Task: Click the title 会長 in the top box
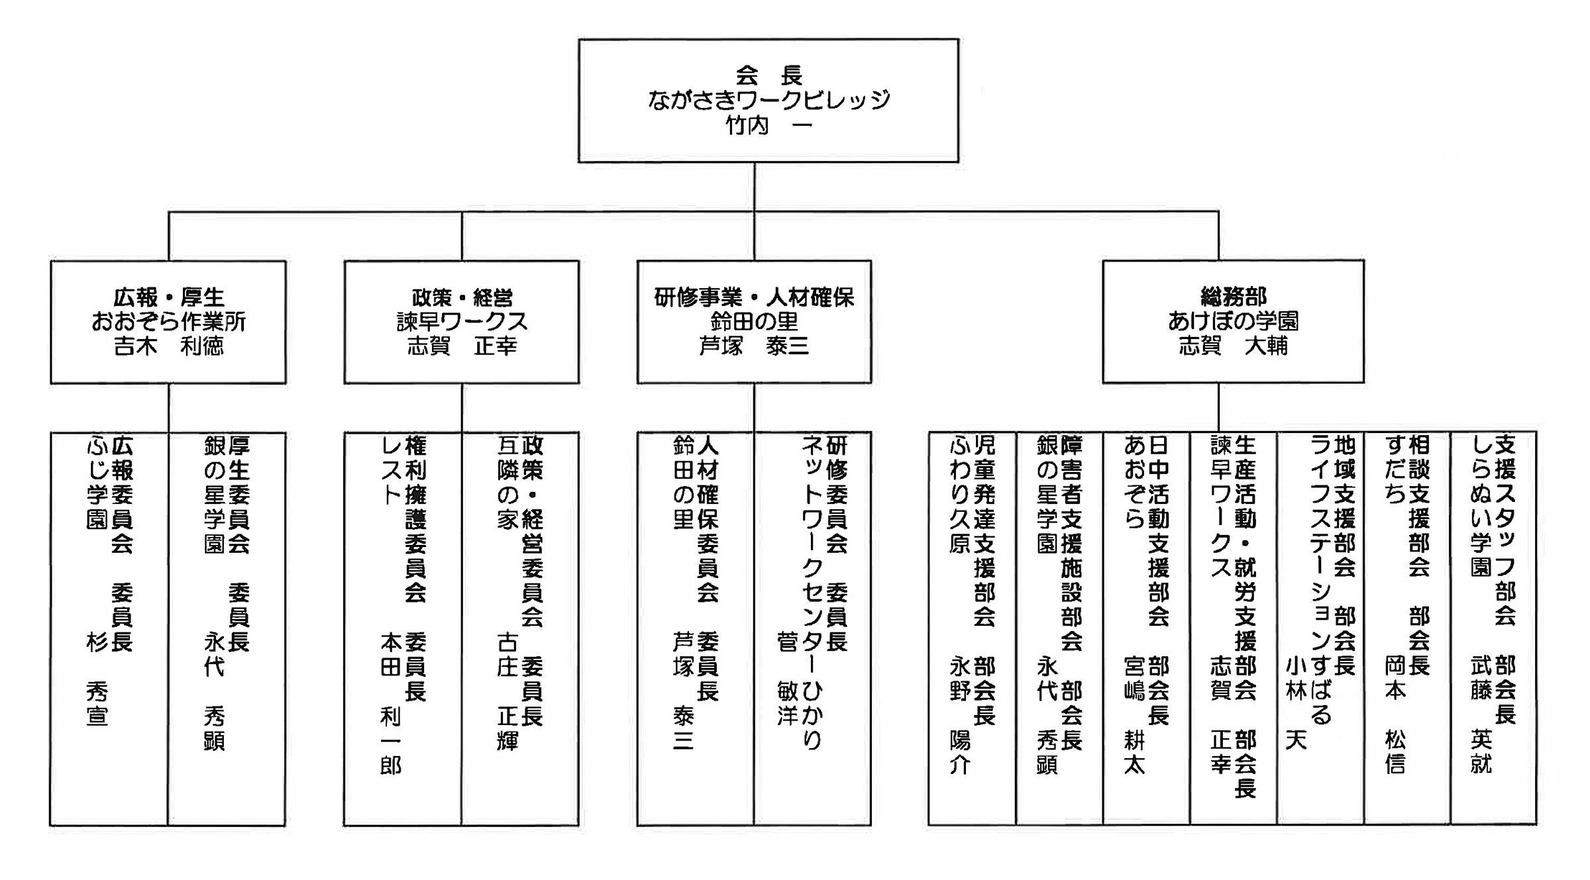pyautogui.click(x=768, y=76)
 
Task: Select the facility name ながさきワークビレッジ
pyautogui.click(x=768, y=101)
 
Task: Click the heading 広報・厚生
pyautogui.click(x=169, y=297)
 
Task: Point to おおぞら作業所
pyautogui.click(x=169, y=322)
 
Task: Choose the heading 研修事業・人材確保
pyautogui.click(x=754, y=297)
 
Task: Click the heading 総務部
pyautogui.click(x=1233, y=297)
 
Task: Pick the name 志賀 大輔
pyautogui.click(x=1233, y=346)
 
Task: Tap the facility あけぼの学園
pyautogui.click(x=1233, y=321)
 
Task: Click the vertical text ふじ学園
pyautogui.click(x=97, y=483)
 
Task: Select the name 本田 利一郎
pyautogui.click(x=391, y=704)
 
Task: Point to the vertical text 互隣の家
pyautogui.click(x=508, y=483)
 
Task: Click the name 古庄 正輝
pyautogui.click(x=508, y=691)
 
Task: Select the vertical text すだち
pyautogui.click(x=1395, y=470)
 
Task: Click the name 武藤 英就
pyautogui.click(x=1481, y=716)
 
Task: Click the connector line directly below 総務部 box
pyautogui.click(x=1218, y=408)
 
